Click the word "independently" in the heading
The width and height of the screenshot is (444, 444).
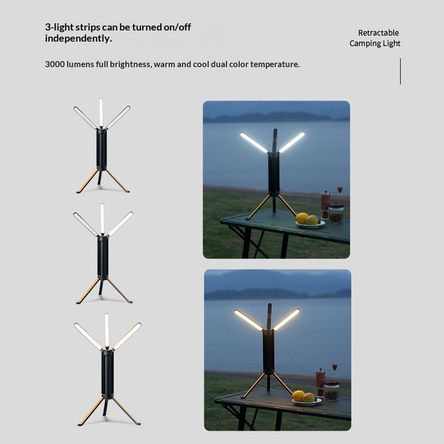[77, 38]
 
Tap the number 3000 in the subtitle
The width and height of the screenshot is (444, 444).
[54, 64]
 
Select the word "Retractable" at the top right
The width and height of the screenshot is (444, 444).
[379, 33]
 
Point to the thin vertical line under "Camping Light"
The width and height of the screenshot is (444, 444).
[400, 72]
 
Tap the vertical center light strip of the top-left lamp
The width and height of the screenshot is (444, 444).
[101, 113]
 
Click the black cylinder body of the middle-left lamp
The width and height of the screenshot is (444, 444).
[103, 257]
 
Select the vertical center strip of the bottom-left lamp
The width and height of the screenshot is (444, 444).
[107, 330]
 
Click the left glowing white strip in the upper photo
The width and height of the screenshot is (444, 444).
[254, 143]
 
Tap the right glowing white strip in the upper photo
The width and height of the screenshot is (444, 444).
[292, 142]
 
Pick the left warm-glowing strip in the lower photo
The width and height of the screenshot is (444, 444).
[248, 320]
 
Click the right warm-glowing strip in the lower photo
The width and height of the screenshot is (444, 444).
[286, 320]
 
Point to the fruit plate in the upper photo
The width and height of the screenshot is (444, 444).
[310, 224]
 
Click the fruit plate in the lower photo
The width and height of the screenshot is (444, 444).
[307, 401]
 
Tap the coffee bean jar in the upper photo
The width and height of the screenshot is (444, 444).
[336, 213]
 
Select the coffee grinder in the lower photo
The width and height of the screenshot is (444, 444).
[322, 380]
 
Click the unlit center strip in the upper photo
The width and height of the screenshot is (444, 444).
[275, 140]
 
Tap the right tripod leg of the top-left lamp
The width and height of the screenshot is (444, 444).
[118, 181]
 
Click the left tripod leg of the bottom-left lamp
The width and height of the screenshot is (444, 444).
[90, 411]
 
